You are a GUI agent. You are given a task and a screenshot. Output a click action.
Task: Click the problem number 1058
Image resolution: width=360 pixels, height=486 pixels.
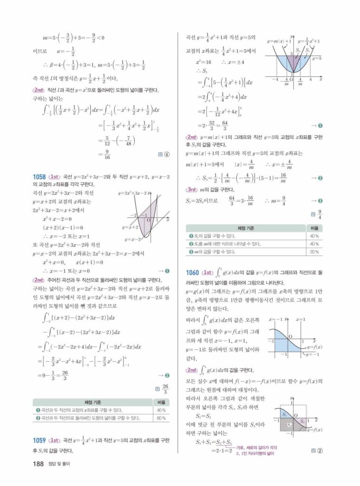(x=40, y=176)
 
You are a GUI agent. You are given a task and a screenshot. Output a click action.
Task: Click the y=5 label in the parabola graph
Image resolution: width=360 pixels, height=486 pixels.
(x=317, y=58)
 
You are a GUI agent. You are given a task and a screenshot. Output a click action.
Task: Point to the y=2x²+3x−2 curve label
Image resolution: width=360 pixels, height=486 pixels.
(x=133, y=193)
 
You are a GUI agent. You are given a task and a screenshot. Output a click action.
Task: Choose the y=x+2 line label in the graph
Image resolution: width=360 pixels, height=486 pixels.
(x=129, y=227)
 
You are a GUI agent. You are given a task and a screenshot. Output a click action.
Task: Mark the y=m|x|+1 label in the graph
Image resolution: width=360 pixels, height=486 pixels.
(x=279, y=41)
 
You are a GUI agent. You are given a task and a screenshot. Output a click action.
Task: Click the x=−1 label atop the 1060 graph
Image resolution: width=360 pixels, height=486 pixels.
(x=275, y=319)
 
